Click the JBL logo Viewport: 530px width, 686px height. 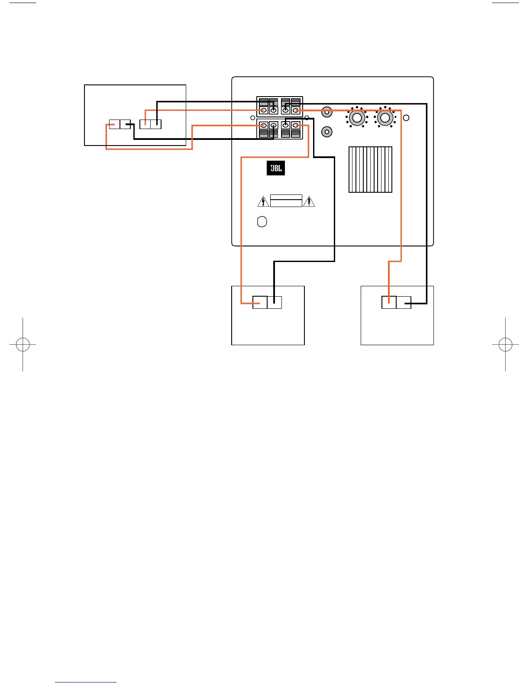click(x=275, y=168)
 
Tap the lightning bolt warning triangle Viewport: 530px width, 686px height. click(x=263, y=202)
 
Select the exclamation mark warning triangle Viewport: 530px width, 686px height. click(x=309, y=202)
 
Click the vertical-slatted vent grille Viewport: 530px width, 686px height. click(x=370, y=169)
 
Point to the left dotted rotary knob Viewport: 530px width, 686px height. click(x=357, y=118)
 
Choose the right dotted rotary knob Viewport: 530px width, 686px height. click(x=385, y=118)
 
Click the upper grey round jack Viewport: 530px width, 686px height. click(x=327, y=112)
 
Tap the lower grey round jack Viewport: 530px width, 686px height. click(x=327, y=132)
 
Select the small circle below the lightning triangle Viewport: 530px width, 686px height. click(x=262, y=222)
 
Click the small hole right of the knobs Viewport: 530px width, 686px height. click(x=406, y=118)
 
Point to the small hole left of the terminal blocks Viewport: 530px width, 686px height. click(x=252, y=118)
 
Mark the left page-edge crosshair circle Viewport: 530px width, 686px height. click(x=23, y=344)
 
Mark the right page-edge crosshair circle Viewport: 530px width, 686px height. click(x=505, y=344)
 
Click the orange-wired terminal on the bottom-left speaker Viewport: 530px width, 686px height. click(x=260, y=302)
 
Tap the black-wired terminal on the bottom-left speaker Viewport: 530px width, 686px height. click(x=275, y=302)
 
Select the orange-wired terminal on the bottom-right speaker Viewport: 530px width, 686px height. click(x=389, y=302)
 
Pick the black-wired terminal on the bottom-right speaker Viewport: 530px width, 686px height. click(x=404, y=302)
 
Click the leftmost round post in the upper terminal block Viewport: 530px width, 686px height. click(x=264, y=110)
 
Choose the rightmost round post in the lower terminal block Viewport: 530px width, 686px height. click(x=296, y=125)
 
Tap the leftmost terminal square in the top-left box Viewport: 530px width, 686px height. click(x=114, y=124)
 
